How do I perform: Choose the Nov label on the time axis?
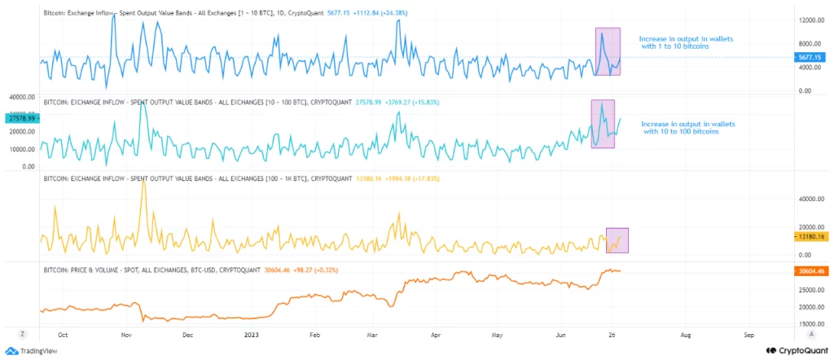(126, 334)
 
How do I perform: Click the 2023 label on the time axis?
(252, 334)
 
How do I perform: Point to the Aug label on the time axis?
(686, 334)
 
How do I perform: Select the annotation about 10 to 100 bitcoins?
(687, 127)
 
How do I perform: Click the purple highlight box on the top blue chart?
(608, 52)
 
